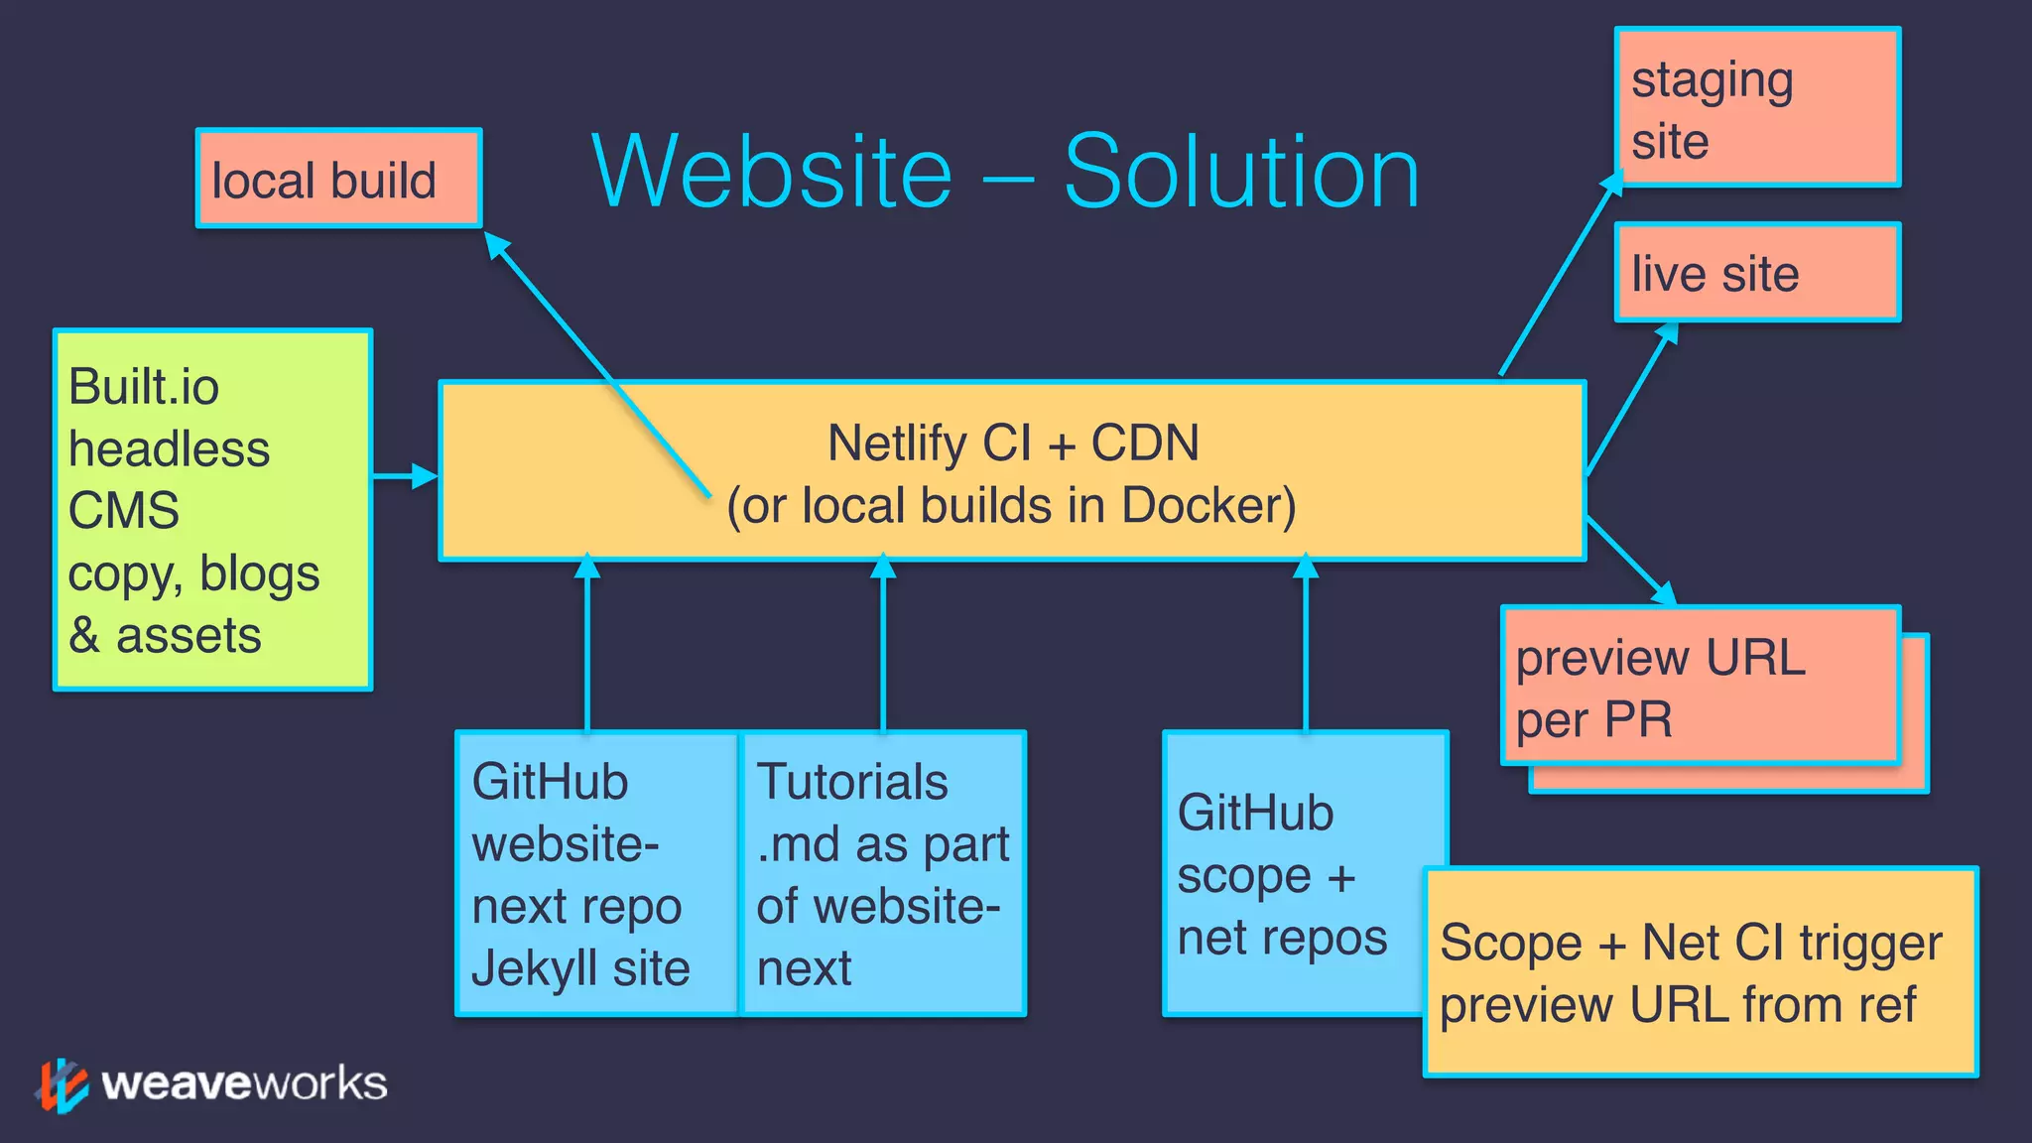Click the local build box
point(338,179)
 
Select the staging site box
point(1757,107)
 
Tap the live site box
point(1757,273)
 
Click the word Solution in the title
point(1241,173)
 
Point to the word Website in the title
point(772,173)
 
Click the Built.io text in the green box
point(144,387)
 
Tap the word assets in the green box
point(189,636)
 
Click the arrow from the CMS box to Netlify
point(405,476)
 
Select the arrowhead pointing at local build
point(496,244)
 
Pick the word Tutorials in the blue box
point(852,782)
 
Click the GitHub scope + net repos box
point(1290,873)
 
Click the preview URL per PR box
point(1700,687)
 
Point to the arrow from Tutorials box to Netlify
point(883,645)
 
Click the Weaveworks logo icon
point(63,1085)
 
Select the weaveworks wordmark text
point(244,1083)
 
